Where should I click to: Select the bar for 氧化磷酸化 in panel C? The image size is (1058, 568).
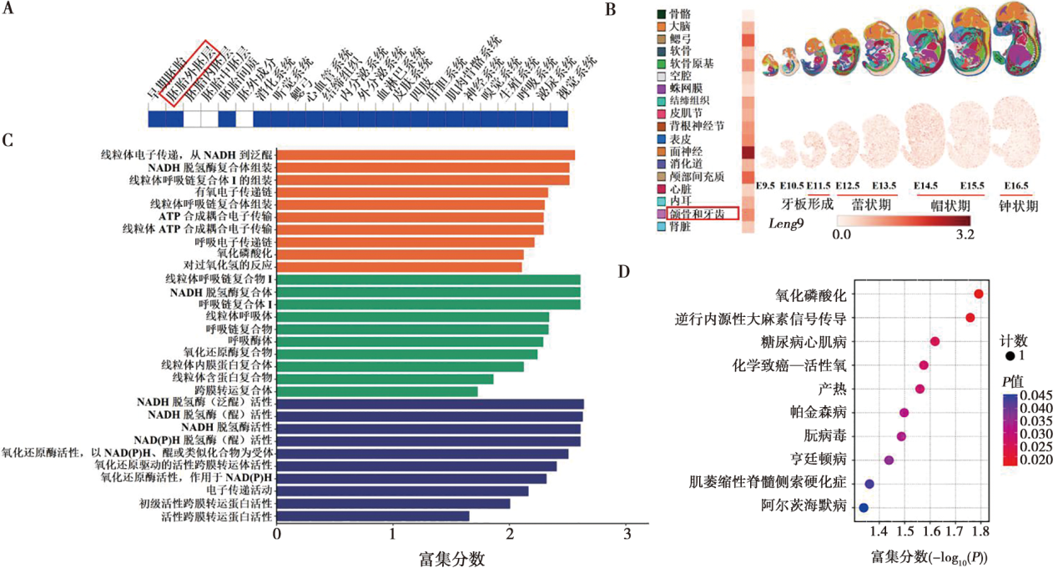(x=401, y=254)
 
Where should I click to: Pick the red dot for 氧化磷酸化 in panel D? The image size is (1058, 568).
(x=978, y=294)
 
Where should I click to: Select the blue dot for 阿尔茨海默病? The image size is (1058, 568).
(x=864, y=506)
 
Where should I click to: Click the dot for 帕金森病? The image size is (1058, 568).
(x=904, y=412)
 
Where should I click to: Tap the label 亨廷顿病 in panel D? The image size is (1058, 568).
(x=821, y=460)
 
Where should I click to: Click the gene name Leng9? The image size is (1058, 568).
(x=787, y=225)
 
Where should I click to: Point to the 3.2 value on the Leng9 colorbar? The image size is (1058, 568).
(x=965, y=234)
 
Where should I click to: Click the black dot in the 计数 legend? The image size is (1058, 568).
(x=1010, y=356)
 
